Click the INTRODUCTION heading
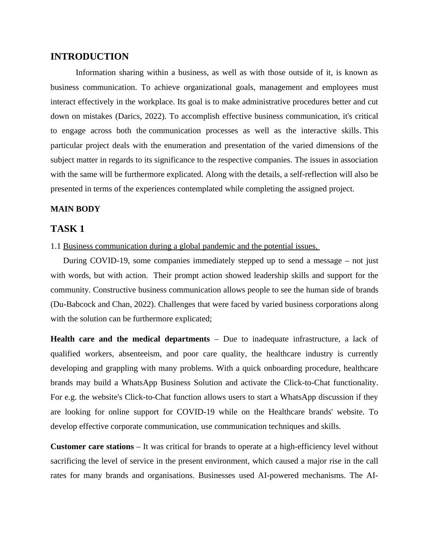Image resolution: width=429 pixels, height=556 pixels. pos(89,57)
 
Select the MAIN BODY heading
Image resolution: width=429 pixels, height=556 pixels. pos(75,209)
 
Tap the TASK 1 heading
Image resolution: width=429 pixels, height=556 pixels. pos(67,229)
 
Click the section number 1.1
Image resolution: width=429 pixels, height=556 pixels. pos(56,246)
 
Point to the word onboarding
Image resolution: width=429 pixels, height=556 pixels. pos(283,368)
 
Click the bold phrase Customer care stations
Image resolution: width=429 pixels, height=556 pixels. pos(92,447)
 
